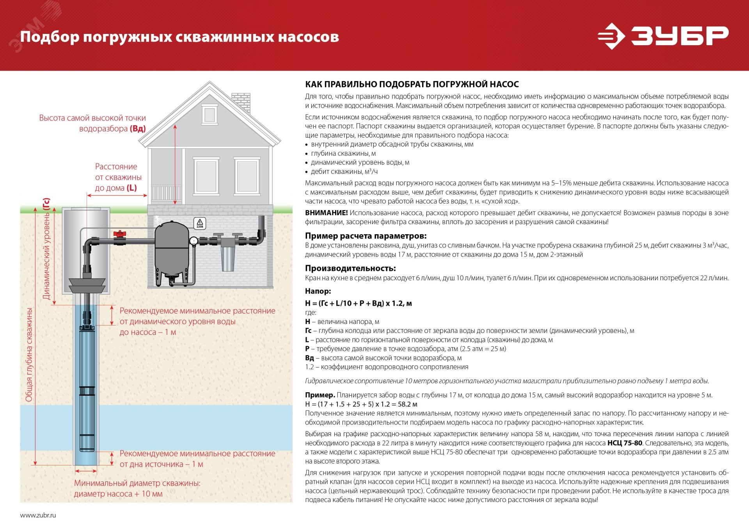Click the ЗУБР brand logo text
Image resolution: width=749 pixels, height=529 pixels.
(x=680, y=36)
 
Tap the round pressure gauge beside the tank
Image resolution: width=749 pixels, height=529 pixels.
(x=193, y=241)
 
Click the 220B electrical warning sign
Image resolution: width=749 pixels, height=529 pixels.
(x=200, y=223)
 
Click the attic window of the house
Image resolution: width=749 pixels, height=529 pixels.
(x=209, y=115)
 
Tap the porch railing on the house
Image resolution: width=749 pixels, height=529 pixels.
(x=167, y=193)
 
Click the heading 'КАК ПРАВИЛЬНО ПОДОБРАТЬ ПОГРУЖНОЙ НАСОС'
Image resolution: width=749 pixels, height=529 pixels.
(x=412, y=84)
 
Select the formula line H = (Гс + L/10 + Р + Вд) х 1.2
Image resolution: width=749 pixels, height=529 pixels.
(x=358, y=303)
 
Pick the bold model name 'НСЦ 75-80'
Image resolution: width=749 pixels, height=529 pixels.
(x=625, y=443)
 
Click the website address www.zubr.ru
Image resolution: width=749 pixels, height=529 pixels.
(x=38, y=515)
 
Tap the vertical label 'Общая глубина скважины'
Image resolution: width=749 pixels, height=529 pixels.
(x=29, y=355)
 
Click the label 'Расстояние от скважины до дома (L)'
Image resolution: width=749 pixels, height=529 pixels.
(x=117, y=177)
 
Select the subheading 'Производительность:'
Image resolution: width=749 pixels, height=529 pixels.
(x=350, y=268)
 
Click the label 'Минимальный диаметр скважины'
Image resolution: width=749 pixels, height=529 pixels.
(x=137, y=483)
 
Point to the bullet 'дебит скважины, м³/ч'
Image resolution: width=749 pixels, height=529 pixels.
(x=344, y=172)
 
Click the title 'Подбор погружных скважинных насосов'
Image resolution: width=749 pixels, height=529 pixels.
(x=179, y=37)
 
